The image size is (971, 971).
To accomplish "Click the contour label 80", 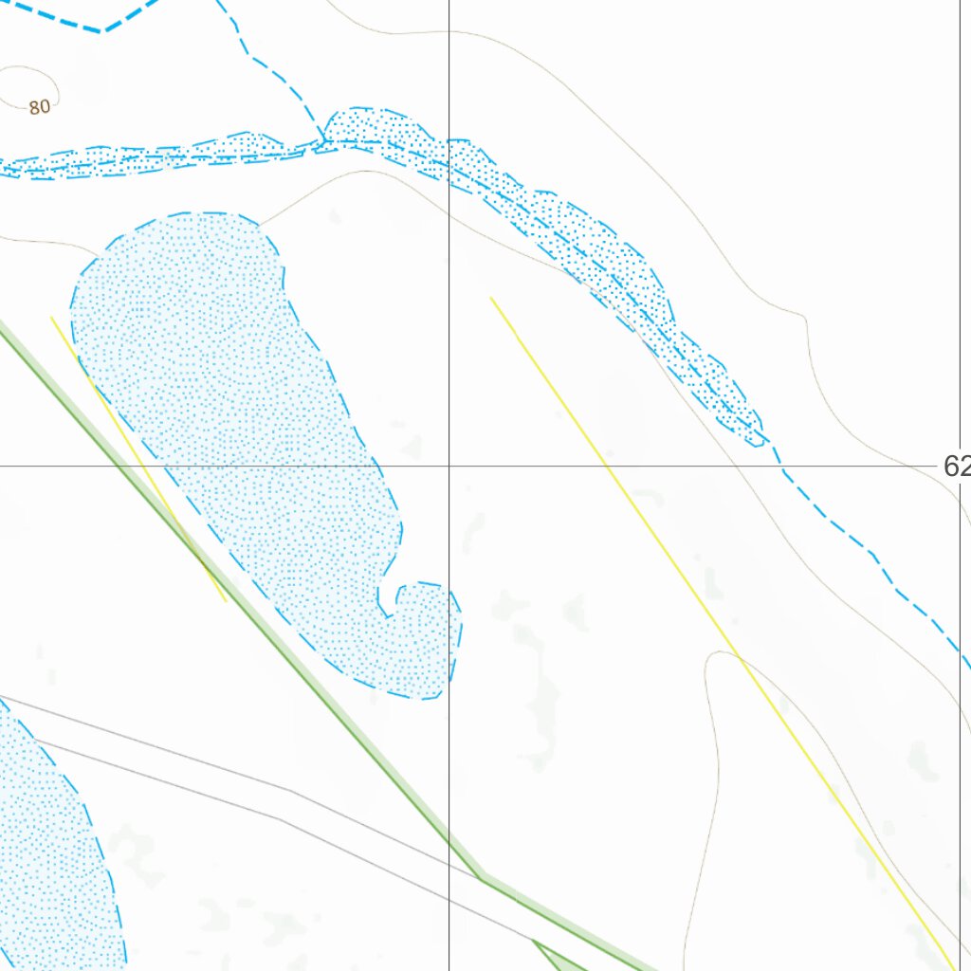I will coord(39,107).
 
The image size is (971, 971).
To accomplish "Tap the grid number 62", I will coord(957,466).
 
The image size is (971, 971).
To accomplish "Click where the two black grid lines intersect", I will coord(449,467).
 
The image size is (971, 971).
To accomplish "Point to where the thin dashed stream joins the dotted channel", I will coord(325,142).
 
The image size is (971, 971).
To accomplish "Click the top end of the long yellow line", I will coord(491,298).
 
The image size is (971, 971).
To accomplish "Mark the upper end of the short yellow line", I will coord(51,317).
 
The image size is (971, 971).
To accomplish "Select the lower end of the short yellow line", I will coord(226,601).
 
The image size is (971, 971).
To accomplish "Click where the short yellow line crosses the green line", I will coord(195,551).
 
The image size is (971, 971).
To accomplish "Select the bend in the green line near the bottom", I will coord(480,878).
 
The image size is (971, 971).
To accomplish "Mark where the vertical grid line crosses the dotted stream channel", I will coord(449,156).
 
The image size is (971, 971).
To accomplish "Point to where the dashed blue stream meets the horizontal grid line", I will coord(780,467).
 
